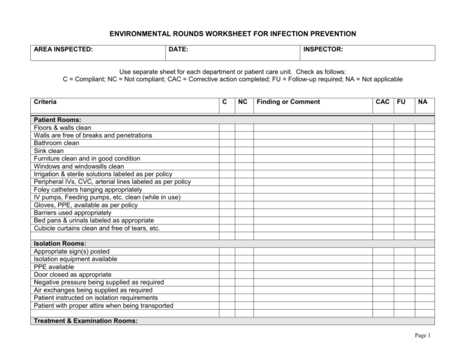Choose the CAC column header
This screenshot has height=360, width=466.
382,102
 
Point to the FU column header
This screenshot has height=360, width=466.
402,102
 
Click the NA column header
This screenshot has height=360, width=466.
424,102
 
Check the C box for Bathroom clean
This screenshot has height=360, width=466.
226,143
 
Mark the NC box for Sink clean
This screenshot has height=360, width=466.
244,151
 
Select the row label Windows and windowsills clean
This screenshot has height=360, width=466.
79,166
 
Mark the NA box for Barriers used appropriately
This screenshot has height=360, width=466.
424,213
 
